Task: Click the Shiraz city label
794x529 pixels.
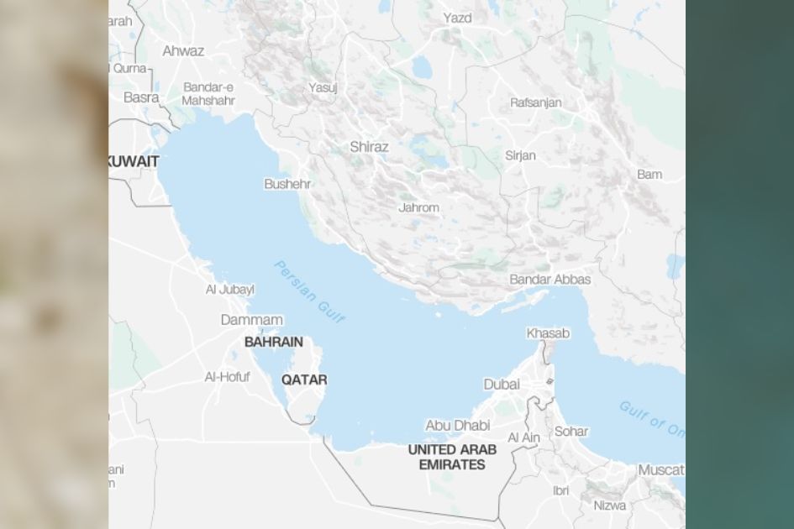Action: [369, 147]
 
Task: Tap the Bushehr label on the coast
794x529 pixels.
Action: [287, 184]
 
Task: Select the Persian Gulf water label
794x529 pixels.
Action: [309, 291]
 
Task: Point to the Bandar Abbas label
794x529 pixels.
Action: [549, 280]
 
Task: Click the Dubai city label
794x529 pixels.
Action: [502, 385]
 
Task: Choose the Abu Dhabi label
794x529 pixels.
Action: [458, 426]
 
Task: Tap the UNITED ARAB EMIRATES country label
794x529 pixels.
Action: [452, 457]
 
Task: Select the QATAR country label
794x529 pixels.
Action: [304, 380]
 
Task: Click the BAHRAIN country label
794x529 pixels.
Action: [273, 343]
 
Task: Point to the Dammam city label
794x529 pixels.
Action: [251, 320]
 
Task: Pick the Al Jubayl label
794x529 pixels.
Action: [229, 290]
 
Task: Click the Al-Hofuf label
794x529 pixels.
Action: [227, 377]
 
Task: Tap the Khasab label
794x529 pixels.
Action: [548, 333]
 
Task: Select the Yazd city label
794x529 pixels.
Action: [458, 18]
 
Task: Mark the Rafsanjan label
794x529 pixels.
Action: [535, 102]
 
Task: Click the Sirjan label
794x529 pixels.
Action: [520, 155]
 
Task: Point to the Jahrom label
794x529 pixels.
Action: [418, 207]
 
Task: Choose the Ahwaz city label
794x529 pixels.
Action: [183, 51]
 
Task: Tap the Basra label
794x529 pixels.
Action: [141, 97]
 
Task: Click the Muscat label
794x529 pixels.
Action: [660, 470]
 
